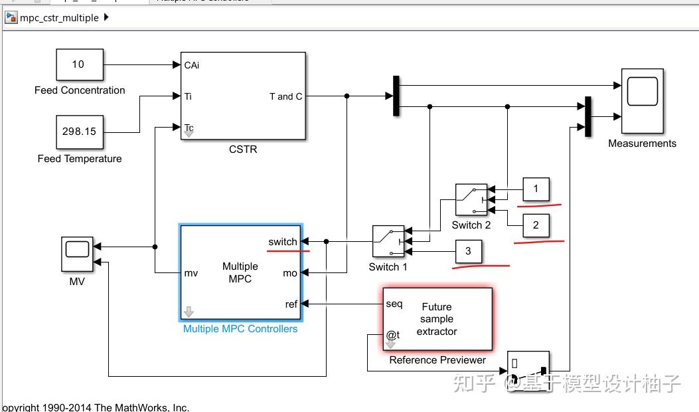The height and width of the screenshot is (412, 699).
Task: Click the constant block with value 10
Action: [x=79, y=65]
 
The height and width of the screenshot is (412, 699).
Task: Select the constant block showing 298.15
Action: [x=79, y=132]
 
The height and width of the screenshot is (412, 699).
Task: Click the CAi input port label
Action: [x=192, y=65]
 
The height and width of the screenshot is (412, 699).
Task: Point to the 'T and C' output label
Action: [x=285, y=96]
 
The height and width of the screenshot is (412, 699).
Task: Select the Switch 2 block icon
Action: [x=471, y=200]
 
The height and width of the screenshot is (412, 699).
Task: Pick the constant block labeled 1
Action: [x=536, y=189]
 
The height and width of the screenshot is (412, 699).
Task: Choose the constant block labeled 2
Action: [x=536, y=225]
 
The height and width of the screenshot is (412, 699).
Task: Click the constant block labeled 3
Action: [x=468, y=251]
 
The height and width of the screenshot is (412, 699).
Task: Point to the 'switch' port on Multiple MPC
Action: [x=283, y=242]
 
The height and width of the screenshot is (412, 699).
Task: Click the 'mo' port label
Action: [x=290, y=272]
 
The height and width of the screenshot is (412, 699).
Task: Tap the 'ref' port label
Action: [x=291, y=304]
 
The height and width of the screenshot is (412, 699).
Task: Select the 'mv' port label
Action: [x=191, y=272]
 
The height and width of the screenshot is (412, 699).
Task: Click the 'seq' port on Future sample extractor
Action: [x=394, y=304]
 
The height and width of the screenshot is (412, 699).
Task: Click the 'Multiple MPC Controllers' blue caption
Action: [x=240, y=329]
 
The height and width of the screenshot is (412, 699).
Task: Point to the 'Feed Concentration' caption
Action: [x=80, y=90]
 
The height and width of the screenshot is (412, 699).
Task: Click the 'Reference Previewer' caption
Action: [x=437, y=360]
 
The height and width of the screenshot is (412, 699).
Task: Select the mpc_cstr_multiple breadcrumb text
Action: [x=59, y=18]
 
